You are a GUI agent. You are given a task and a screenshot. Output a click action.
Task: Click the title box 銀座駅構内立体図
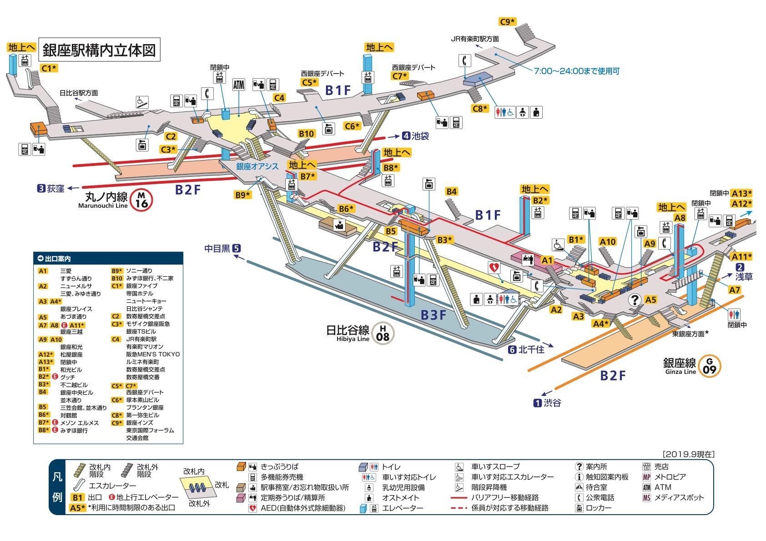pyautogui.click(x=99, y=50)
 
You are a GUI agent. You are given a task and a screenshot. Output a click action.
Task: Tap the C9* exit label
pyautogui.click(x=508, y=22)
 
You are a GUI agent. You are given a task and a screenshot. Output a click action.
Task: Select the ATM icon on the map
pyautogui.click(x=239, y=85)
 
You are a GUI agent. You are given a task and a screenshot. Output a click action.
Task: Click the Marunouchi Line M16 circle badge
pyautogui.click(x=141, y=200)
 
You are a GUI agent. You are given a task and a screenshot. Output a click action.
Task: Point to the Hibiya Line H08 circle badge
pyautogui.click(x=383, y=333)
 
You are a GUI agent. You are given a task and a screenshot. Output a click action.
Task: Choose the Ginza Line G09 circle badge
pyautogui.click(x=710, y=366)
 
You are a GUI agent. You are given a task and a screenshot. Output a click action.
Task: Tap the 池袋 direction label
pyautogui.click(x=415, y=136)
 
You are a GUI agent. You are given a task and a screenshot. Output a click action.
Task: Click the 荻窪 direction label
pyautogui.click(x=51, y=188)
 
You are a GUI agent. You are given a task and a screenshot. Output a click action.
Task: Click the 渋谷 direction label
pyautogui.click(x=548, y=403)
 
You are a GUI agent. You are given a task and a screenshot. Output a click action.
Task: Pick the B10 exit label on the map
pyautogui.click(x=306, y=134)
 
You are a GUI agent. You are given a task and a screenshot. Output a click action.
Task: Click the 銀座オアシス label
pyautogui.click(x=257, y=166)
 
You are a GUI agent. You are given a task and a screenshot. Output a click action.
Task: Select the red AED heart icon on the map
pyautogui.click(x=494, y=267)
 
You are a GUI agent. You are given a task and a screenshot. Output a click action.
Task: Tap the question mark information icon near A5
pyautogui.click(x=635, y=300)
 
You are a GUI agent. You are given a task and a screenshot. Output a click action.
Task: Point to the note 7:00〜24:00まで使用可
pyautogui.click(x=577, y=71)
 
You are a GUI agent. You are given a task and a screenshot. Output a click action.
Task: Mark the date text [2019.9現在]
pyautogui.click(x=688, y=454)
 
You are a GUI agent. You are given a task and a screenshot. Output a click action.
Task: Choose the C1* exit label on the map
pyautogui.click(x=49, y=68)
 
